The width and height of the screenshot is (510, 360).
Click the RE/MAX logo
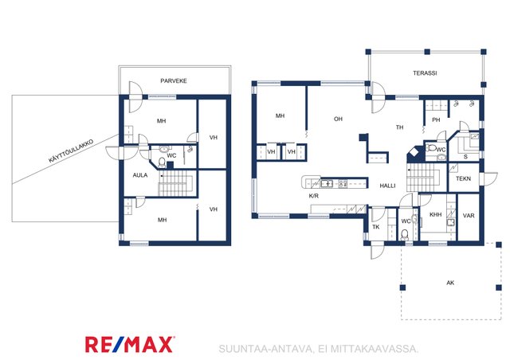[x=130, y=345]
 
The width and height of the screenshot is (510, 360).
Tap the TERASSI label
[x=425, y=73]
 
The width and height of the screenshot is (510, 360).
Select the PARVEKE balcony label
[x=174, y=81]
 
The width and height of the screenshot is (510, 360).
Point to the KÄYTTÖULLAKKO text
[x=71, y=151]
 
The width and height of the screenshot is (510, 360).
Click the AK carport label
[x=450, y=283]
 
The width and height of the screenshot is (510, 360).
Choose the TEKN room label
[x=463, y=178]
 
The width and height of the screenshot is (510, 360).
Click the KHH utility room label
[x=436, y=214]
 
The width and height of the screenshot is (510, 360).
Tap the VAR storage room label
[x=469, y=216]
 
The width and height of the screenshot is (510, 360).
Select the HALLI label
[x=388, y=186]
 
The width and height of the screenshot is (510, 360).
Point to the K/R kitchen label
[x=313, y=196]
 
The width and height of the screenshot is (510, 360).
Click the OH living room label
[x=338, y=119]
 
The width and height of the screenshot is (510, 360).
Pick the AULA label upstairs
[x=140, y=175]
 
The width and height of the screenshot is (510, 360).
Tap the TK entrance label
[x=375, y=227]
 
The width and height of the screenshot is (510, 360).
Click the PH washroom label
[x=436, y=120]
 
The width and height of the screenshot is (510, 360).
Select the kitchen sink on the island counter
[x=327, y=184]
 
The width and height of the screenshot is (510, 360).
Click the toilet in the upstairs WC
[x=162, y=162]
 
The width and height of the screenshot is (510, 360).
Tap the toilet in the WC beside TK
[x=405, y=235]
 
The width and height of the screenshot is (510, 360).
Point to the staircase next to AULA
[x=176, y=183]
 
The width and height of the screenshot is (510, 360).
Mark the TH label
[x=399, y=127]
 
